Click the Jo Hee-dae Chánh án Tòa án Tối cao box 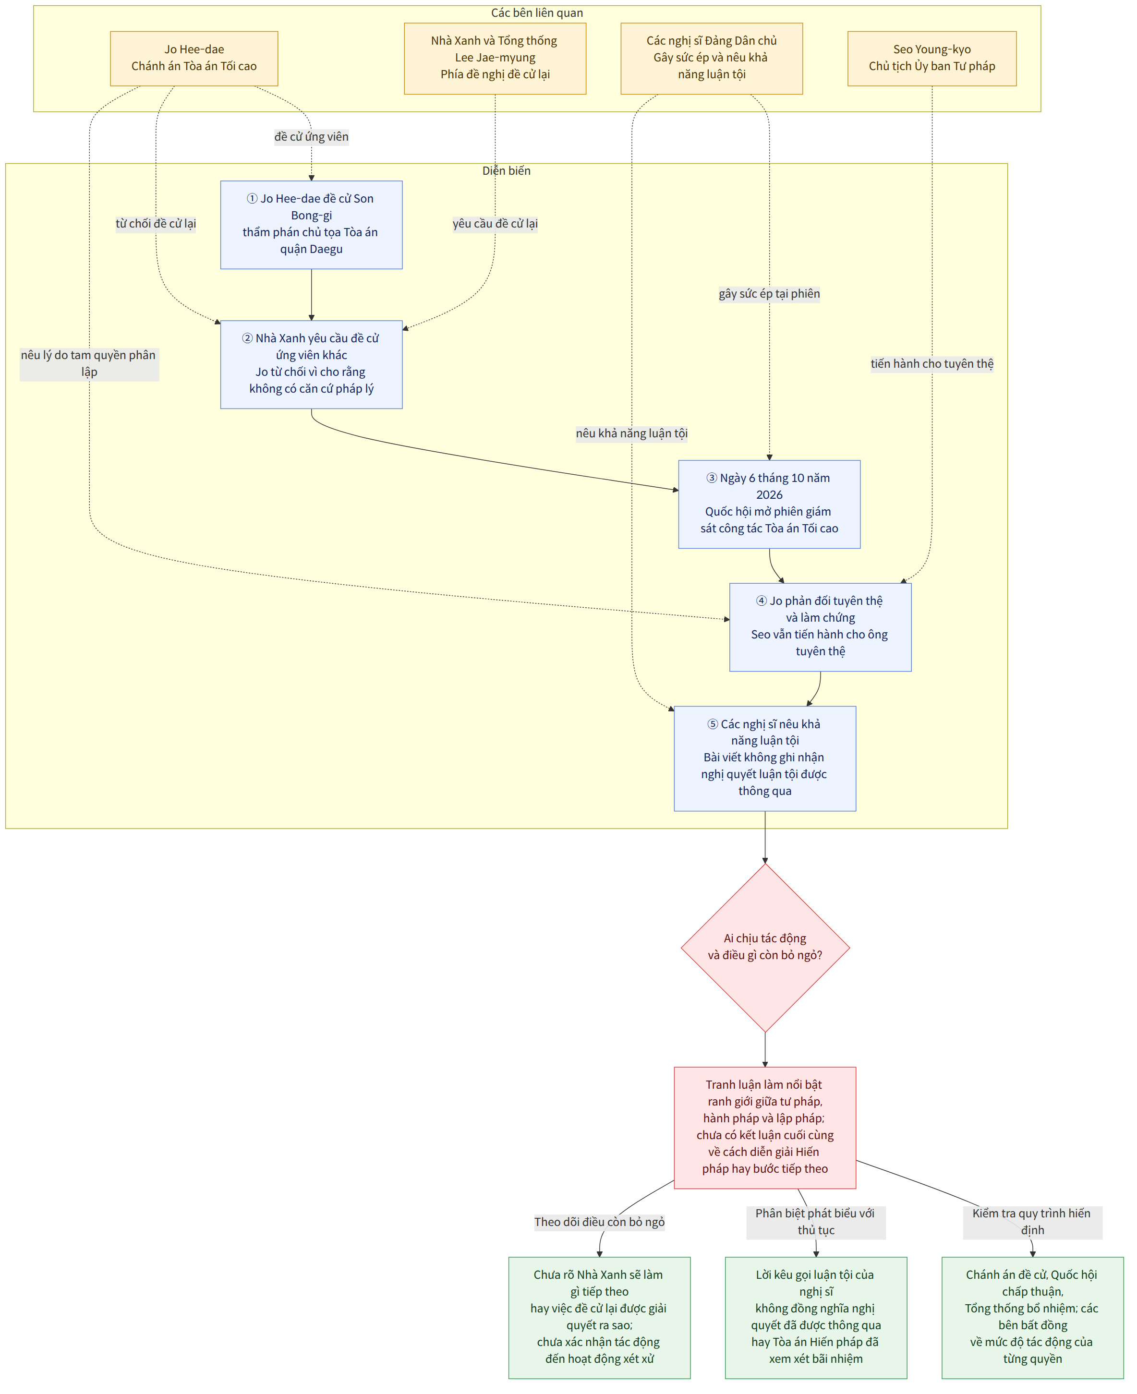(194, 58)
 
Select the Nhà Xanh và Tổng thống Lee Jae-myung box (495, 58)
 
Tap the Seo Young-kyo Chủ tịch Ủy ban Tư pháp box (932, 58)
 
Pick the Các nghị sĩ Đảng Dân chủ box (712, 58)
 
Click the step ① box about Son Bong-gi (311, 225)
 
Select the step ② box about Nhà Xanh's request (311, 365)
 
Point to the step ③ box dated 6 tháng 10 (770, 504)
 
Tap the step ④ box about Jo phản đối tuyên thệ (821, 627)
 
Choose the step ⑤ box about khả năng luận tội (765, 758)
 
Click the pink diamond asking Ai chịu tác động (765, 948)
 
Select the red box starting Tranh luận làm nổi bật (765, 1128)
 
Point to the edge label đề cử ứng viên (311, 137)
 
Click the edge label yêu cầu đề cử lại (495, 224)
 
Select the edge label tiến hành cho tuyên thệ (932, 364)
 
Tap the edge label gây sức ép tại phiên (770, 294)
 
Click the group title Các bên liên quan (537, 13)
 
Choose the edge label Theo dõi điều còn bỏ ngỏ (599, 1222)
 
